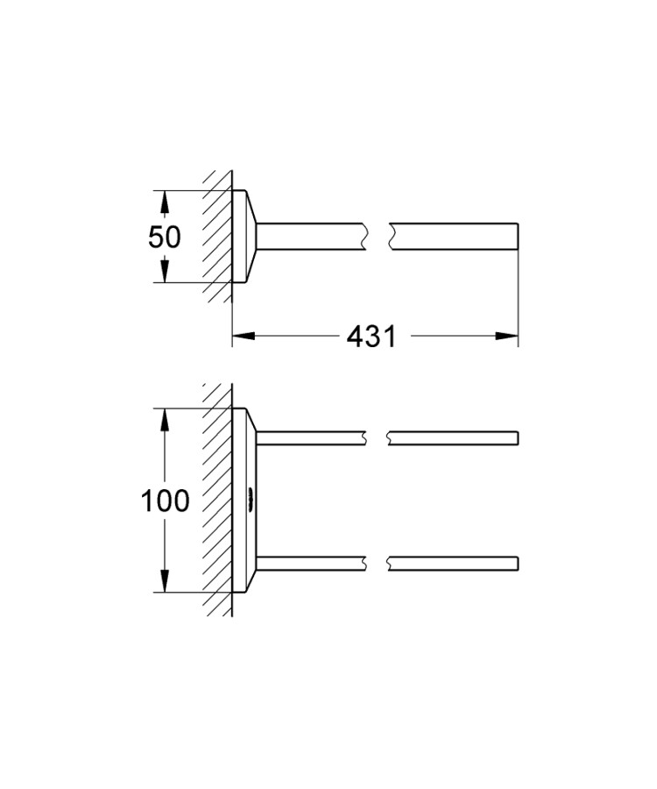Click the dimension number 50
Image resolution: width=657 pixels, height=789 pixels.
pos(165,237)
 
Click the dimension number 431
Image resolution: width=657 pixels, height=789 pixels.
pos(372,336)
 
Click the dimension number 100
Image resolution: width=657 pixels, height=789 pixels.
pos(166,501)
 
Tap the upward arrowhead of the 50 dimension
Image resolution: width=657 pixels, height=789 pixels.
pos(163,203)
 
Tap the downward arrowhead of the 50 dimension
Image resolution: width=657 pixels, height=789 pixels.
pos(163,271)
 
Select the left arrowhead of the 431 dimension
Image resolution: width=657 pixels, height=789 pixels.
pos(244,336)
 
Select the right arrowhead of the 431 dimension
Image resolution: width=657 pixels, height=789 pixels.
pos(506,336)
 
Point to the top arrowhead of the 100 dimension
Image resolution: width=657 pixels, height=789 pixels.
pos(163,419)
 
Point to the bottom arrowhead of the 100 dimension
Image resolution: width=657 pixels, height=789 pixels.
pos(163,582)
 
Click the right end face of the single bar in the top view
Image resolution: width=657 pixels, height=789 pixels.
pos(517,236)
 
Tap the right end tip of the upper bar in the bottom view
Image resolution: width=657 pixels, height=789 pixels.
pos(518,437)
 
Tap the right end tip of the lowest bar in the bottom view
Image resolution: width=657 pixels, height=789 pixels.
pos(518,564)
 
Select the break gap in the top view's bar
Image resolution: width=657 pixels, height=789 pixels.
pos(378,236)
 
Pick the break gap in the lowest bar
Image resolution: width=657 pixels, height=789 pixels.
pos(376,564)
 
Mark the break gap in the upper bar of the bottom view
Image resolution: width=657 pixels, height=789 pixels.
pos(376,437)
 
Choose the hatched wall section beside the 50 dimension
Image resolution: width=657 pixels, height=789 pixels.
pos(217,237)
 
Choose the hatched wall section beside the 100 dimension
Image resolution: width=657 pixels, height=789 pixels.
pos(217,501)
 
